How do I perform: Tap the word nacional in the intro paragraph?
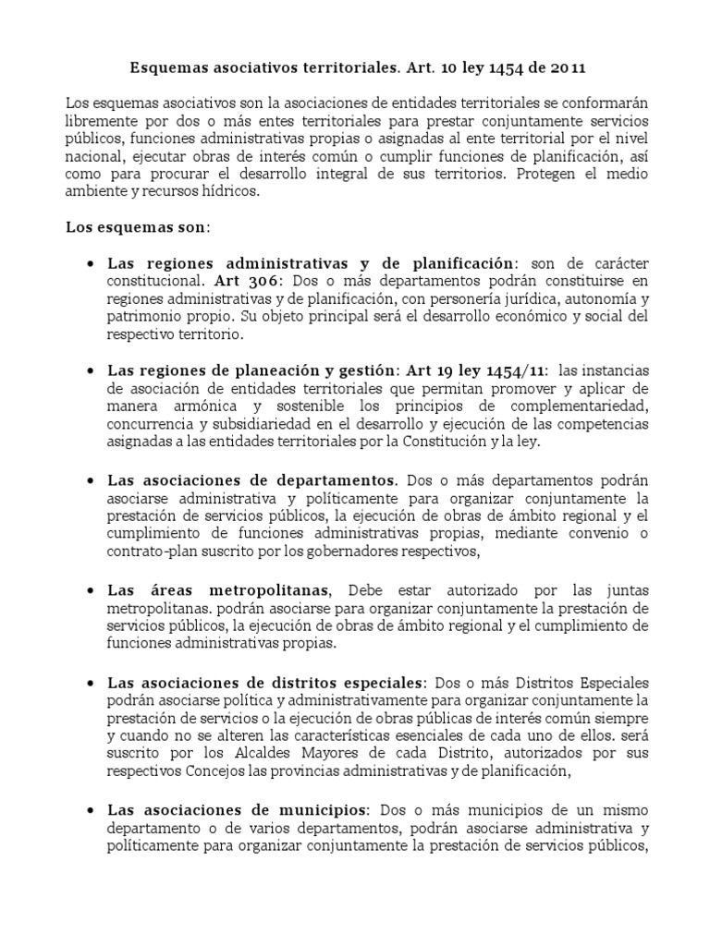coord(97,156)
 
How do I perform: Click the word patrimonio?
coord(143,316)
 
